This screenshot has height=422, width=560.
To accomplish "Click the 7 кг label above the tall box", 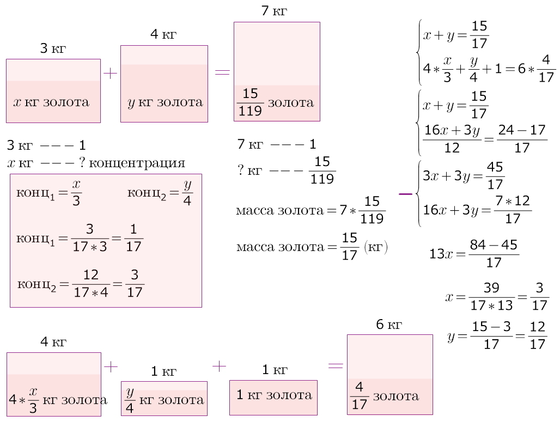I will tap(274, 11).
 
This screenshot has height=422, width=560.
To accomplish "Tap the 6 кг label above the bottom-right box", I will tap(389, 325).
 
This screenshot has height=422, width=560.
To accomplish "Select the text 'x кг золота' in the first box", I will tap(51, 102).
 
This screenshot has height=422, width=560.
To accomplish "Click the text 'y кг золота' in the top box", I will tap(165, 102).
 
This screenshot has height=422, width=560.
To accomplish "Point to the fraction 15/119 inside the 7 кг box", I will tap(251, 102).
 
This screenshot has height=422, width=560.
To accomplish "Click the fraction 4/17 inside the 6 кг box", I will tap(358, 396).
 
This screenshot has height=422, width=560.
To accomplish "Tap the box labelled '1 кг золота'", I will tap(273, 395).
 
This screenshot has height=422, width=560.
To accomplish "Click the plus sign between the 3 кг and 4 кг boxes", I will tap(110, 74).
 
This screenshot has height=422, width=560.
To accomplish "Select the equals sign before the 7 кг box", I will tap(222, 72).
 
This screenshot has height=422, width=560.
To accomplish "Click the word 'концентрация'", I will tap(138, 163).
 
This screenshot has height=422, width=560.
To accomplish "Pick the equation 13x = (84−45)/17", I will tap(474, 254).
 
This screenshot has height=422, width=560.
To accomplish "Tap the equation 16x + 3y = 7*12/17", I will tap(477, 210).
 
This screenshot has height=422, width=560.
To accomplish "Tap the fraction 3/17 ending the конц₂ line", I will tap(134, 285).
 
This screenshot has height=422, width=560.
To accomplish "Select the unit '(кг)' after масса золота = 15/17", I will tap(375, 248).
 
